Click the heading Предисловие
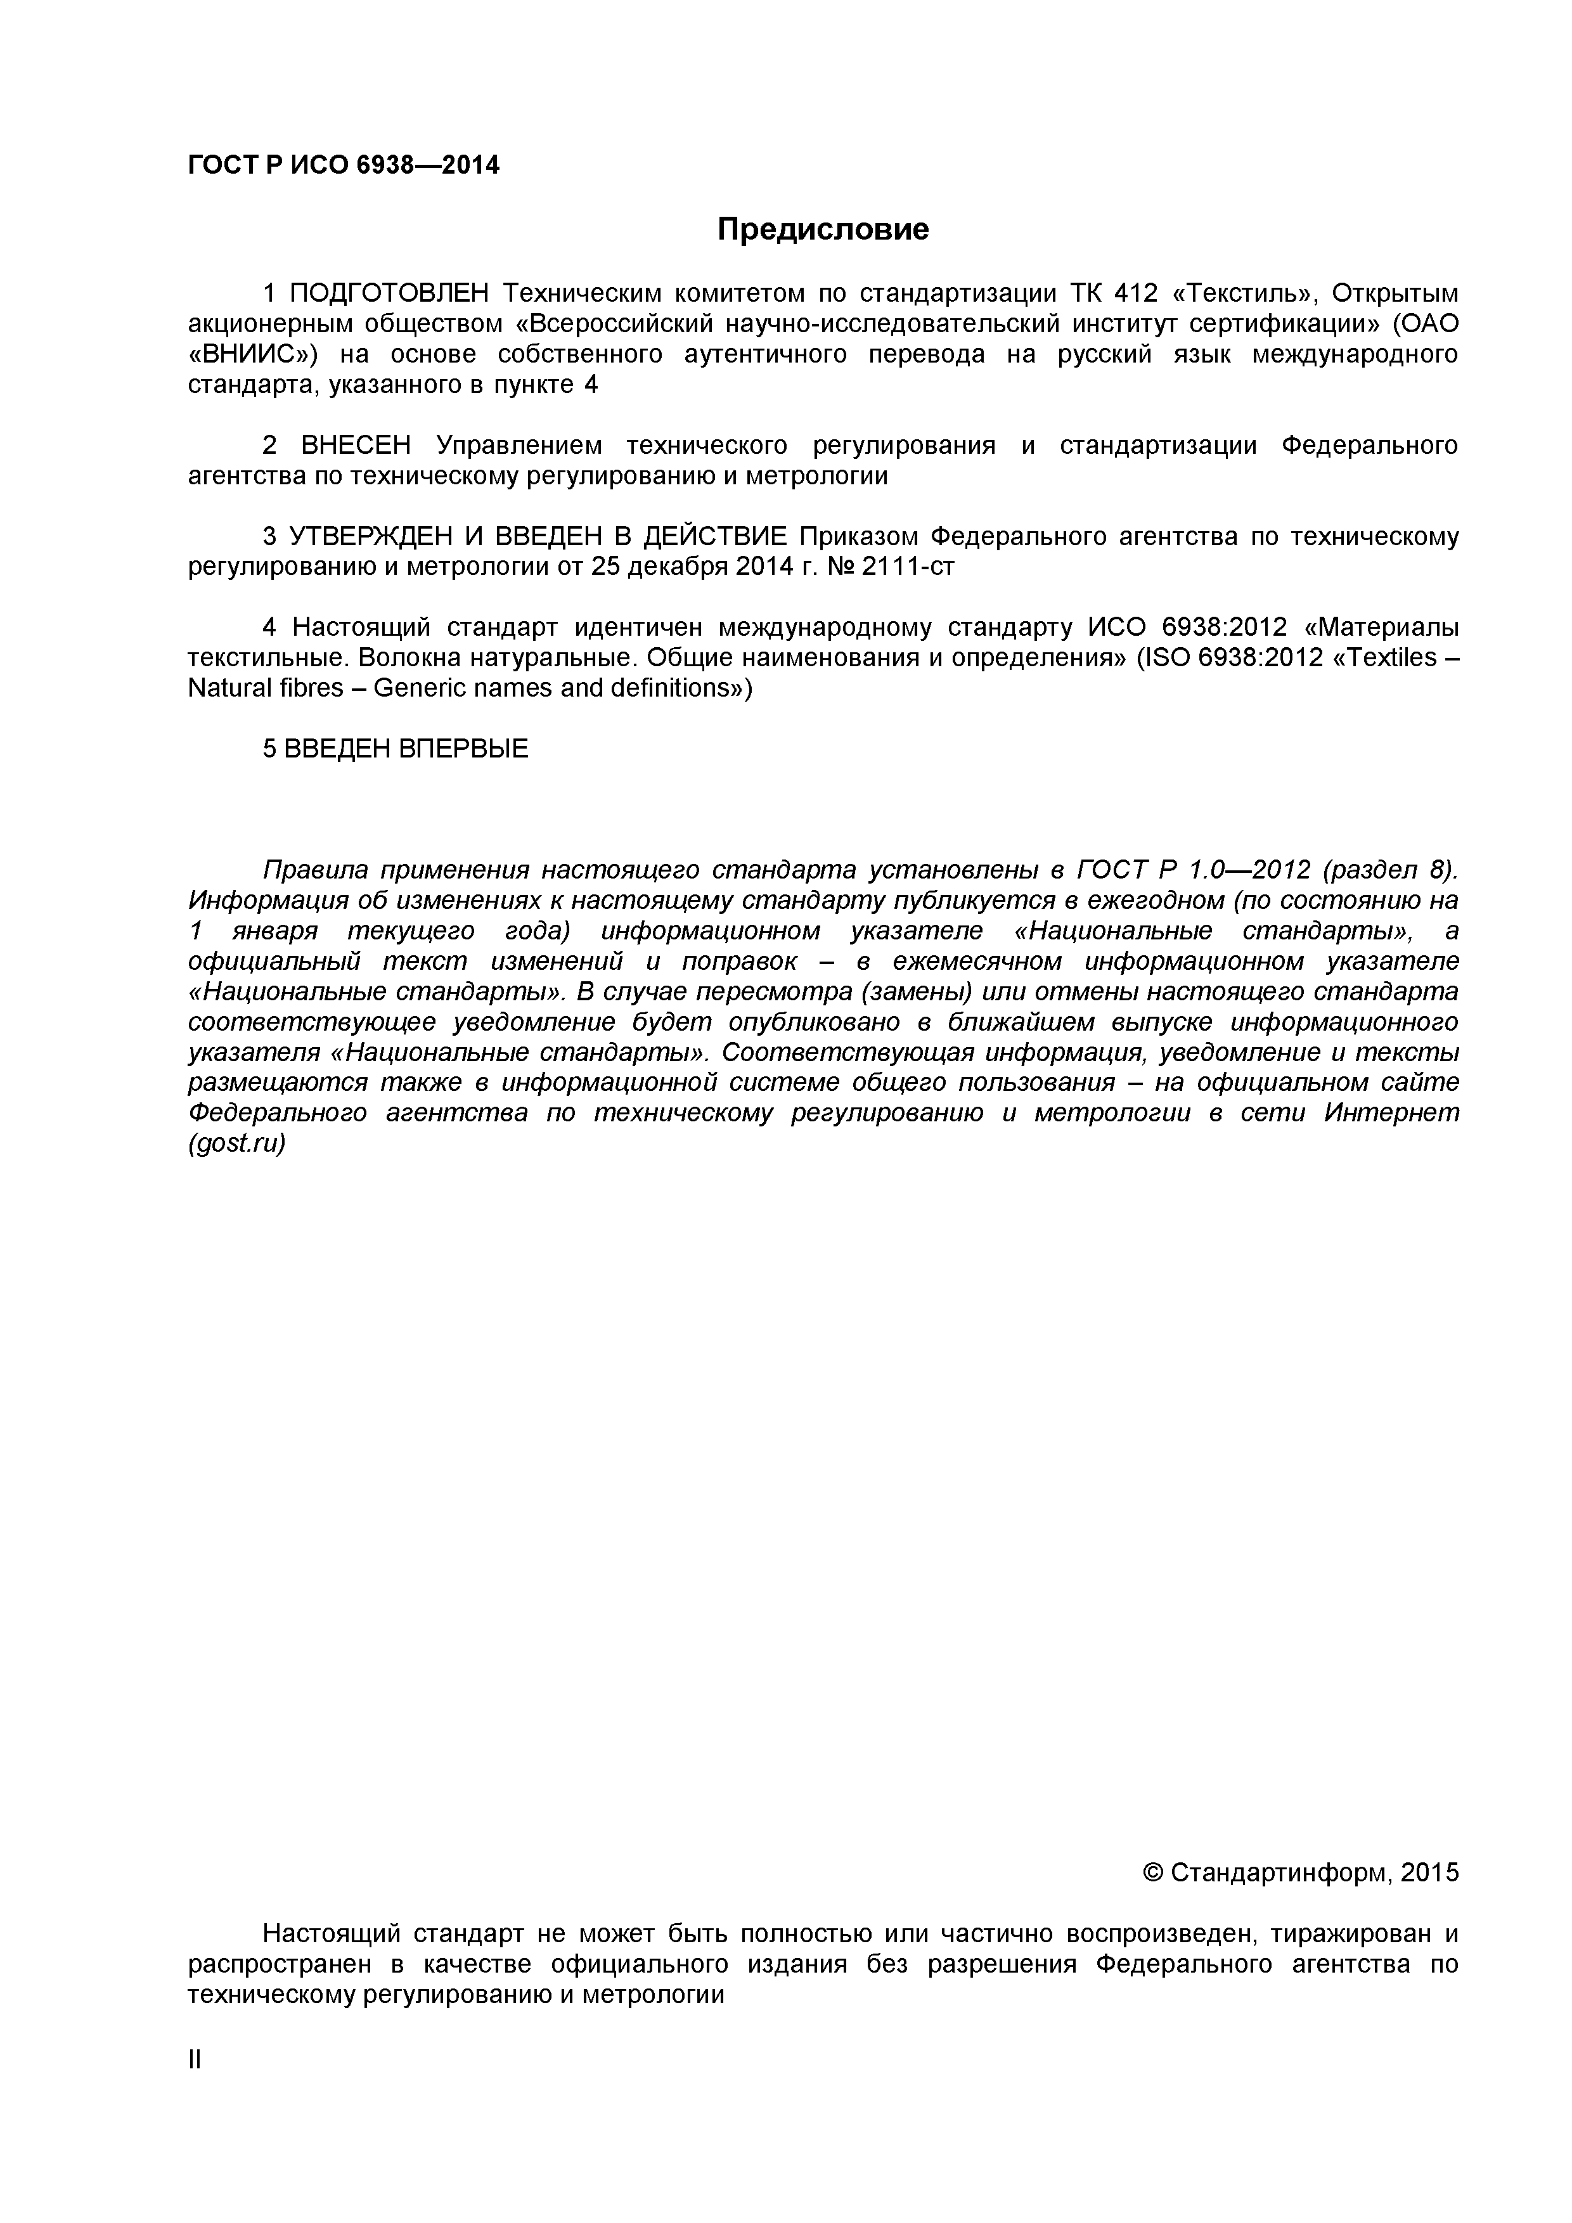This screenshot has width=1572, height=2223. point(822,229)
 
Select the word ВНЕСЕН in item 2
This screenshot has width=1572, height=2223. point(355,446)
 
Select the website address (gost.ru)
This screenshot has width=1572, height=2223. point(237,1144)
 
